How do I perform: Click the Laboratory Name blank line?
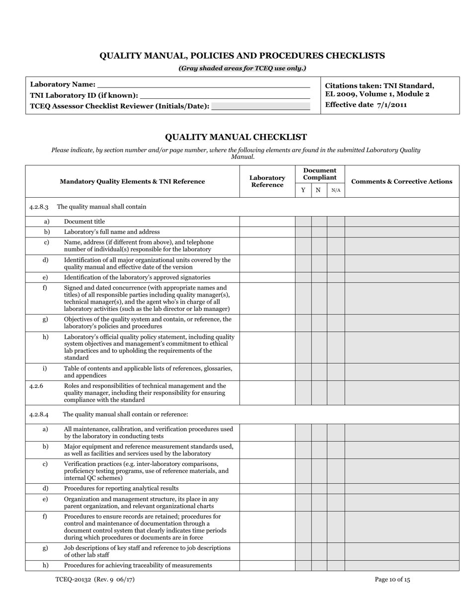[x=204, y=84]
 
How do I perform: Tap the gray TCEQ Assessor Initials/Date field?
[x=260, y=106]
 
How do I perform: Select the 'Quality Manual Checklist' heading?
[x=236, y=137]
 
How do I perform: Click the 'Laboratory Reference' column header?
[x=267, y=181]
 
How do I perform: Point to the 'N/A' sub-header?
[x=336, y=190]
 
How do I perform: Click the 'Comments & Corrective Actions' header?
[x=401, y=181]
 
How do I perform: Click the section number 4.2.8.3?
[x=39, y=207]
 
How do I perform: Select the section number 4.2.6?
[x=36, y=386]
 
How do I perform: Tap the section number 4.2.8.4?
[x=39, y=414]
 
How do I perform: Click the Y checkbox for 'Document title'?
[x=303, y=222]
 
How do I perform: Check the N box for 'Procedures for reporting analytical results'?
[x=319, y=488]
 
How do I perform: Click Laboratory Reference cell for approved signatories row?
[x=267, y=277]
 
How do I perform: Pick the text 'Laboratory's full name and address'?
[x=112, y=232]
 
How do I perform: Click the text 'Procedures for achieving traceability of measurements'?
[x=138, y=565]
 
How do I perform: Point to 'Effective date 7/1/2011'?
[x=366, y=105]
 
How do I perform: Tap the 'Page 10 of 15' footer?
[x=393, y=579]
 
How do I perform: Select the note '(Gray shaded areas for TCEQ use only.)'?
[x=242, y=69]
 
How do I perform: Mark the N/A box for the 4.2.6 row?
[x=336, y=392]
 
